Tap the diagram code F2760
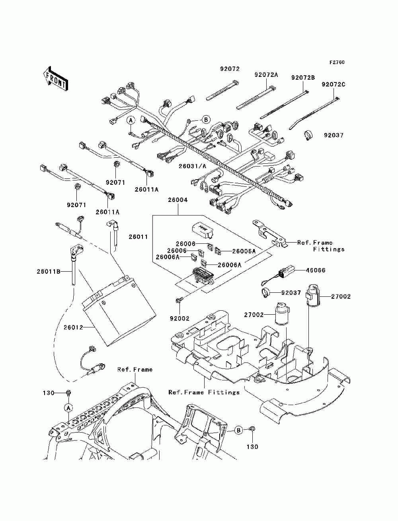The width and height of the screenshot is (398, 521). coord(337,63)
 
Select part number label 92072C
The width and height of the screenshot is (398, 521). coord(333,84)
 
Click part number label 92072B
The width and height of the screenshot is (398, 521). coord(303,78)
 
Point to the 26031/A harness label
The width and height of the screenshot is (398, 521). coord(192,166)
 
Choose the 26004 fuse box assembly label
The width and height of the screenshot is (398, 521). coord(178,200)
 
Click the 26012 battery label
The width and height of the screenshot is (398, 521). coord(73,327)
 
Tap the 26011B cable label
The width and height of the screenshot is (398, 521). coord(49,271)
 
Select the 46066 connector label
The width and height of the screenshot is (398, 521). coord(316,270)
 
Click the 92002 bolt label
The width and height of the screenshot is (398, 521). coord(179,318)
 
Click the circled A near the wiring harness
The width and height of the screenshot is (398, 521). coord(131,120)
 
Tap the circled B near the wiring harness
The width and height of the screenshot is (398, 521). coord(206,119)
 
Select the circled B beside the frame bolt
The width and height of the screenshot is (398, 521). coord(239,430)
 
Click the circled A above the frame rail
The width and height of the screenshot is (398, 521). coord(68,408)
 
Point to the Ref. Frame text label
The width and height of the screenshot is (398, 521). coord(135,369)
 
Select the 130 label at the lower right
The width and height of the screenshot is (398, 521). coord(252,447)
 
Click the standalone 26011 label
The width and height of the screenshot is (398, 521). coord(138,237)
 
